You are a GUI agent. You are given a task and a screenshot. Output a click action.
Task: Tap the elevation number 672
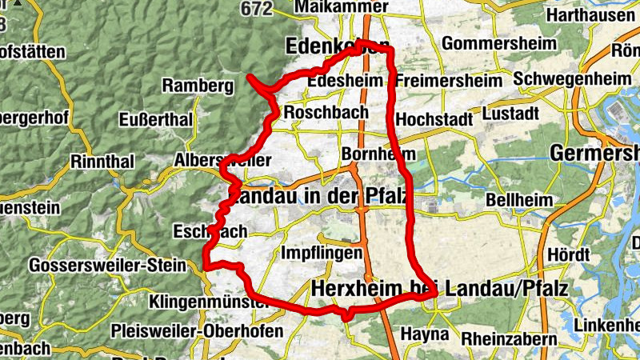255,8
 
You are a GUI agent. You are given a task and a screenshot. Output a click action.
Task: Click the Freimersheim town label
448,81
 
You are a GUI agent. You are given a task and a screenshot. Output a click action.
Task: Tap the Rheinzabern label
509,338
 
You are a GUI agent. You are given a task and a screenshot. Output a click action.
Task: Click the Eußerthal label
155,119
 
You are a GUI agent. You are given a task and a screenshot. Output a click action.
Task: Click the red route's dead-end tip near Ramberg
250,77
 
